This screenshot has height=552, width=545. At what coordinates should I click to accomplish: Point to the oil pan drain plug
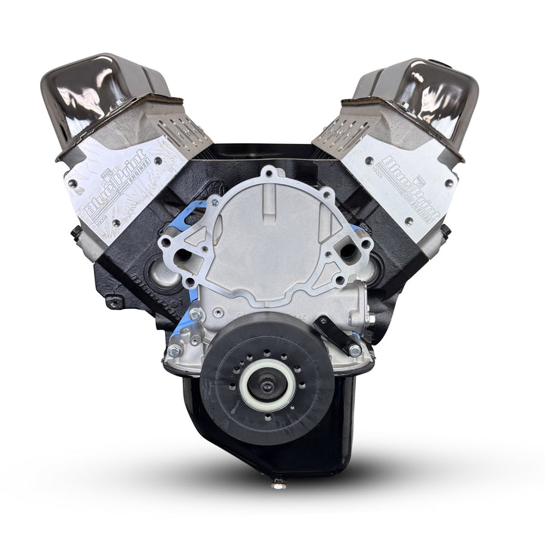[x=279, y=480]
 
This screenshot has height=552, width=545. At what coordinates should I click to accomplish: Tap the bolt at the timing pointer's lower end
[x=354, y=350]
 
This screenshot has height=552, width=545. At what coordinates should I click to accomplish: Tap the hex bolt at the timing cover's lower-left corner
[x=175, y=351]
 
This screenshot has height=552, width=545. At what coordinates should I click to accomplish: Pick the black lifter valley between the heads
[x=269, y=155]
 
